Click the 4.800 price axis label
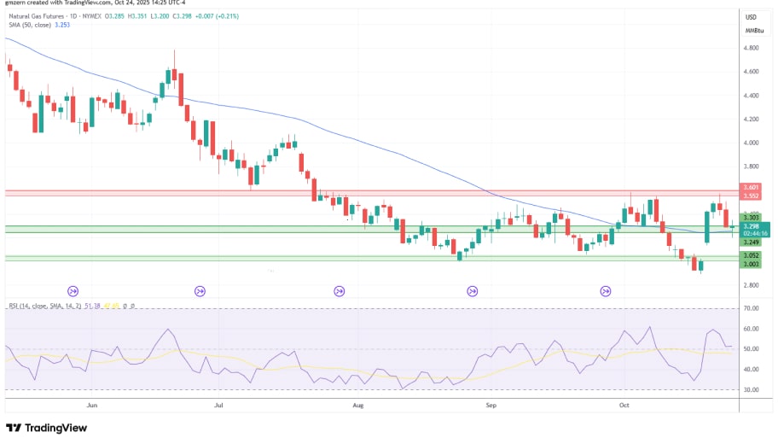pos(752,48)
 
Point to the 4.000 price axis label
pos(752,143)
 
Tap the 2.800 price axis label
pos(752,285)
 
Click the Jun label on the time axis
pos(91,406)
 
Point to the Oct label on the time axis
pos(624,406)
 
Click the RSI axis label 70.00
pos(752,307)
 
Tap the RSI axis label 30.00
pos(752,389)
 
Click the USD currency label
pos(752,17)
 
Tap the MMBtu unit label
pos(752,30)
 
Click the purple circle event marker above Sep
pos(473,291)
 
